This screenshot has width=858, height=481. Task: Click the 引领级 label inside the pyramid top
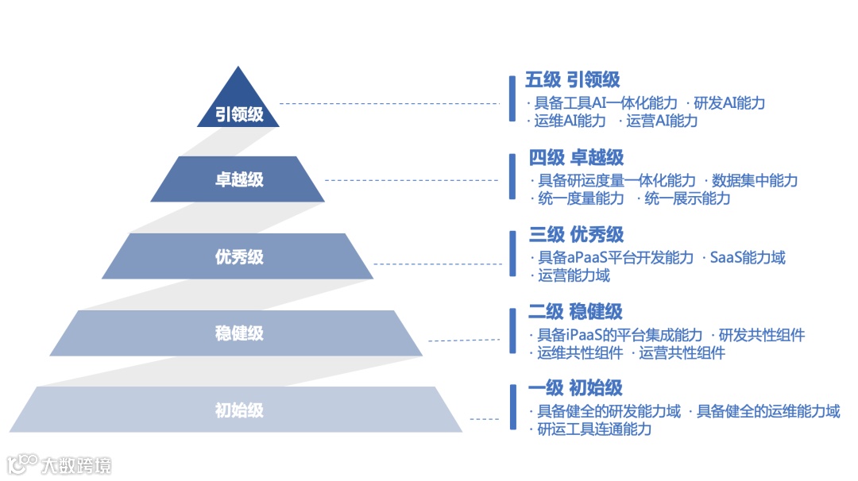point(239,114)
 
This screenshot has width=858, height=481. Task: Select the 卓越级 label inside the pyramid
point(239,179)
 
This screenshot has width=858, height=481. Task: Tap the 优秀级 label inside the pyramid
point(239,256)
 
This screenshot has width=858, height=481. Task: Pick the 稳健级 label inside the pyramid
point(239,333)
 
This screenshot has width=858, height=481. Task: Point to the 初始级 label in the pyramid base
point(239,410)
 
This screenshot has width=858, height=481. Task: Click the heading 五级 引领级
point(572,80)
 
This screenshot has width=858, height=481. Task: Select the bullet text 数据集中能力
point(754,181)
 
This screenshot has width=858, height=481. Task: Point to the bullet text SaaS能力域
point(747,258)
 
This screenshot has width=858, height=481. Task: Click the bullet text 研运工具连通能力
point(593,429)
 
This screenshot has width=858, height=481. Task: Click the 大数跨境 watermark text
point(76,465)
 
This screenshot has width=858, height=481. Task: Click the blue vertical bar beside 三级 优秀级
point(512,252)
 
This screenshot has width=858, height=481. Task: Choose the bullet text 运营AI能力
point(661,121)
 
